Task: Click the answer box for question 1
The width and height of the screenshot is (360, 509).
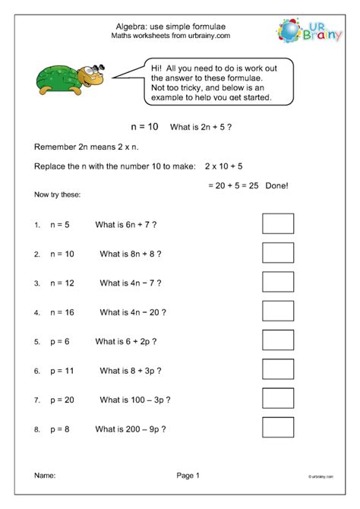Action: pos(277,225)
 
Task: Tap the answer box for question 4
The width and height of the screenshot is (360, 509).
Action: pos(277,311)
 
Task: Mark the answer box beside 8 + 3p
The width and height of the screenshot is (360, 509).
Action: pos(277,370)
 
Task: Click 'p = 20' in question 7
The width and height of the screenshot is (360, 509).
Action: pos(63,400)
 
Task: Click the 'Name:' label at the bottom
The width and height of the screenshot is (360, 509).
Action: pos(45,476)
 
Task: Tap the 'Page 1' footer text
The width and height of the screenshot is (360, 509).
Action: pos(187,476)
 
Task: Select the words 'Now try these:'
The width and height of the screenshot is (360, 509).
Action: pos(58,195)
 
